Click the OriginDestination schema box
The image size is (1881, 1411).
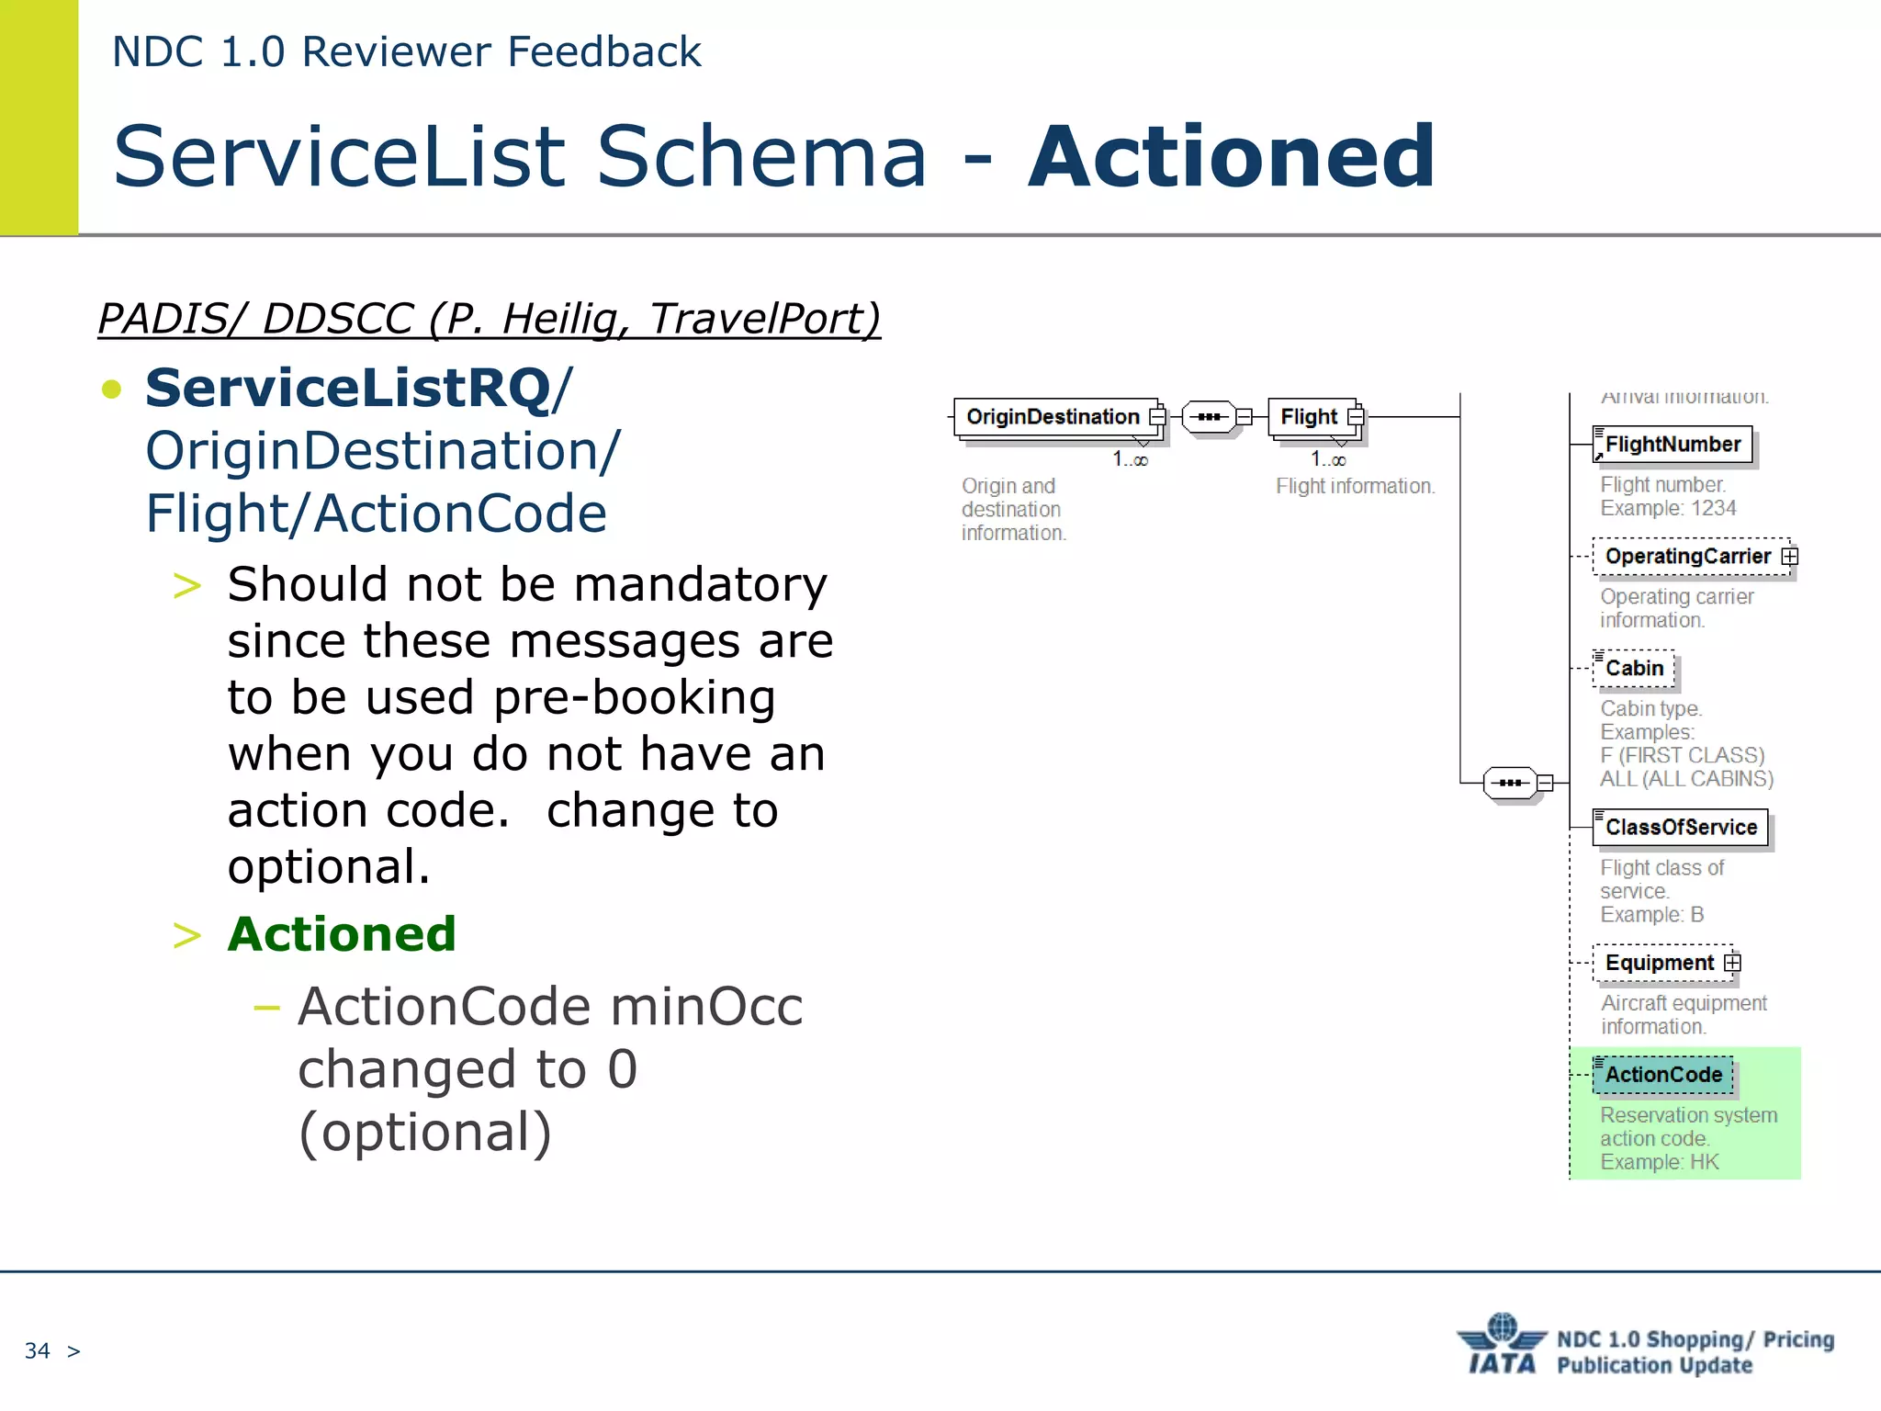click(1054, 417)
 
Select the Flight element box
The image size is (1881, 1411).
click(1311, 417)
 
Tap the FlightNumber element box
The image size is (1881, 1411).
click(1672, 445)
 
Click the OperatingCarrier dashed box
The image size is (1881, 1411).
click(1687, 557)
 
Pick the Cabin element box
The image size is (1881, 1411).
click(1634, 669)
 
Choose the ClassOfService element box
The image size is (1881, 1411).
click(1680, 828)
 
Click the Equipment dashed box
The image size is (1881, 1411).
click(1659, 963)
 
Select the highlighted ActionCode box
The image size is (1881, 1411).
click(1662, 1075)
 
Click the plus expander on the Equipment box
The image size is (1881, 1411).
click(1732, 963)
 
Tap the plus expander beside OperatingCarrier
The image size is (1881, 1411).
click(1789, 557)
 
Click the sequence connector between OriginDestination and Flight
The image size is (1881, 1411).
click(1209, 417)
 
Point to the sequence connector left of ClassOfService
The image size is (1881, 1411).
click(1510, 783)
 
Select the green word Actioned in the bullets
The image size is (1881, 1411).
click(342, 934)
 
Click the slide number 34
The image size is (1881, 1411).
click(37, 1350)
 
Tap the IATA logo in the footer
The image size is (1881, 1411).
click(1502, 1345)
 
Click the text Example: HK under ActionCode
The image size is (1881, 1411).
click(1659, 1162)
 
